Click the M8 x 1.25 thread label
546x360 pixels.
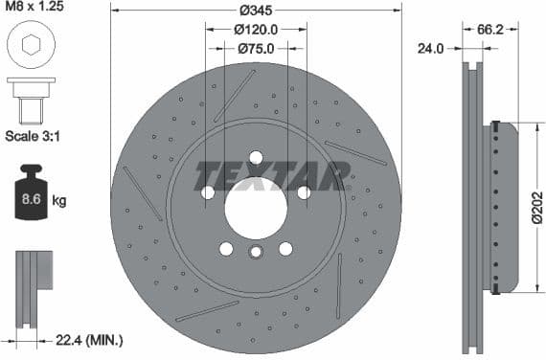click(x=38, y=8)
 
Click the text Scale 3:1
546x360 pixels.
click(x=34, y=135)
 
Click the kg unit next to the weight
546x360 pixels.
click(x=58, y=201)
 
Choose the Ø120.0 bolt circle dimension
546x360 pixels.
click(x=256, y=30)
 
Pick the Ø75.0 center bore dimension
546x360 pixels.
click(x=256, y=48)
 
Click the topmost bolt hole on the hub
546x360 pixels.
click(x=256, y=158)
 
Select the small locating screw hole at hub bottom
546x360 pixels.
click(x=256, y=253)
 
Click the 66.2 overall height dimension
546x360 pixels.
click(x=490, y=30)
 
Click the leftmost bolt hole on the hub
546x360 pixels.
click(x=208, y=192)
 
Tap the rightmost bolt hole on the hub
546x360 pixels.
click(x=304, y=192)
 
